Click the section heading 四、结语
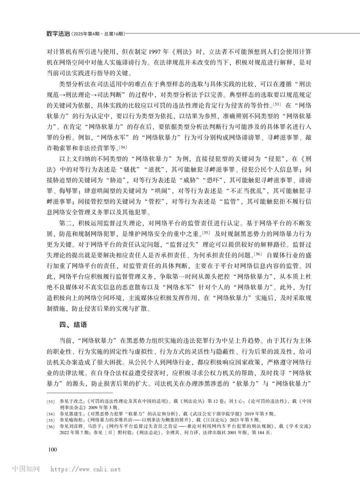73,324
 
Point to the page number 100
52,449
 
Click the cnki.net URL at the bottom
86,469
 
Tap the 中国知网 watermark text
26,469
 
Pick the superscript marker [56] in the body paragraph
258,254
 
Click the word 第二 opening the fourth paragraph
66,223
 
